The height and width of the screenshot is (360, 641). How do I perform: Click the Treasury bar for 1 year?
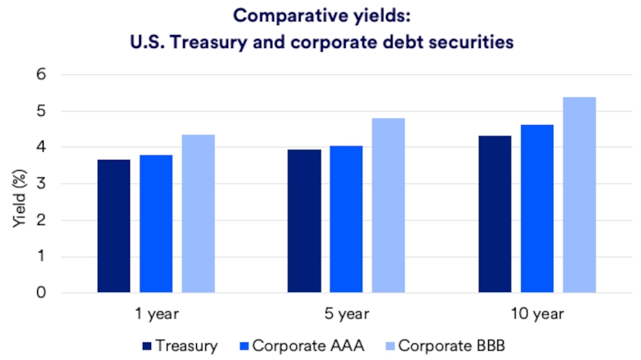coord(114,226)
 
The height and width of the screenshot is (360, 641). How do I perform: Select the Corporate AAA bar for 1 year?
coord(156,223)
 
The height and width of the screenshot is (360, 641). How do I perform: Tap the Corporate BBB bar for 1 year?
coord(198,214)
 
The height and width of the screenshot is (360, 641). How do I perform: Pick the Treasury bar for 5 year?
coord(304,221)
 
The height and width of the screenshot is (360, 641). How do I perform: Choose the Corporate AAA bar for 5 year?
coord(346,219)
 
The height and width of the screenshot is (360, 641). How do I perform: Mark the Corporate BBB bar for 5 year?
coord(388,205)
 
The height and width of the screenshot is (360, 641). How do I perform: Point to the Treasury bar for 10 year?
coord(494,214)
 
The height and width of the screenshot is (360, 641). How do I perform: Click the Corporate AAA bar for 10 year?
coord(536,208)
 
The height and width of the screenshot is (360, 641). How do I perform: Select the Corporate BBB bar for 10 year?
coord(578,194)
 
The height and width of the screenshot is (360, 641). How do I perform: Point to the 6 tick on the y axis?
coord(42,75)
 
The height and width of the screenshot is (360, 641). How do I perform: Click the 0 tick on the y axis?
coord(42,293)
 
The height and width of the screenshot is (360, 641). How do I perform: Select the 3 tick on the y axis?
coord(42,184)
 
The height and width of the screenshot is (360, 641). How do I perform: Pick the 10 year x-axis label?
coord(536,313)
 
